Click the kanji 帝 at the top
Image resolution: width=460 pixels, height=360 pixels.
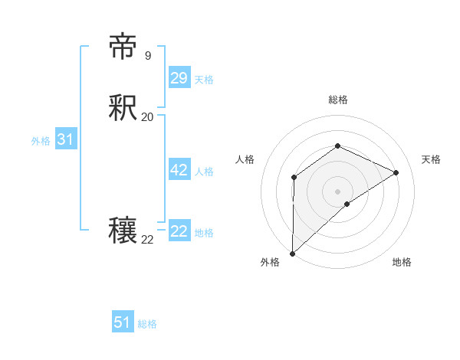[x=123, y=47]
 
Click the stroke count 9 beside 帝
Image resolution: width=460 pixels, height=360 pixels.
[x=147, y=56]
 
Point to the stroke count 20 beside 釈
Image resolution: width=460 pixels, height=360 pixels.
[x=147, y=117]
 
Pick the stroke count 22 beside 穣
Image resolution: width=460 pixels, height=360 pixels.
[x=147, y=240]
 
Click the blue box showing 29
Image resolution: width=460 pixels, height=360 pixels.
[x=179, y=78]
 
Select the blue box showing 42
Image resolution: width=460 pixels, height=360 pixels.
[x=179, y=170]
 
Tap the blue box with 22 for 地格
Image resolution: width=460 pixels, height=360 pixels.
[x=179, y=231]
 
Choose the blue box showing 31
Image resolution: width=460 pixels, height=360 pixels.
[x=65, y=139]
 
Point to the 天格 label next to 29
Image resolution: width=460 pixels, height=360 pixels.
[x=204, y=80]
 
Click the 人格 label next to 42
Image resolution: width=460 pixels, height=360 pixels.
[x=204, y=172]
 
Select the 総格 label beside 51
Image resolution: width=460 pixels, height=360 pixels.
[x=147, y=324]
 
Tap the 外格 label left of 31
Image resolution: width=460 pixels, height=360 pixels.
[x=41, y=141]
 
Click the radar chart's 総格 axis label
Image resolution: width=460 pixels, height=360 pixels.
[x=337, y=100]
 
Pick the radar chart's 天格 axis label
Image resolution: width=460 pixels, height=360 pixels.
[x=431, y=159]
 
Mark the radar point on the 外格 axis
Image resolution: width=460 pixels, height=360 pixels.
[x=292, y=253]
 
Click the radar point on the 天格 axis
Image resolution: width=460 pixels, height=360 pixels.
[x=396, y=172]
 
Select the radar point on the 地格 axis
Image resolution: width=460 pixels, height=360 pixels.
[x=347, y=204]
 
